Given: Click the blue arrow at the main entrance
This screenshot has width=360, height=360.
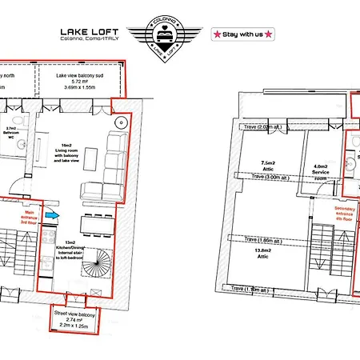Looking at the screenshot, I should (x=51, y=214).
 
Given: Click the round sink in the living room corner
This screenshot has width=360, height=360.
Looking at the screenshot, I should (x=120, y=122).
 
